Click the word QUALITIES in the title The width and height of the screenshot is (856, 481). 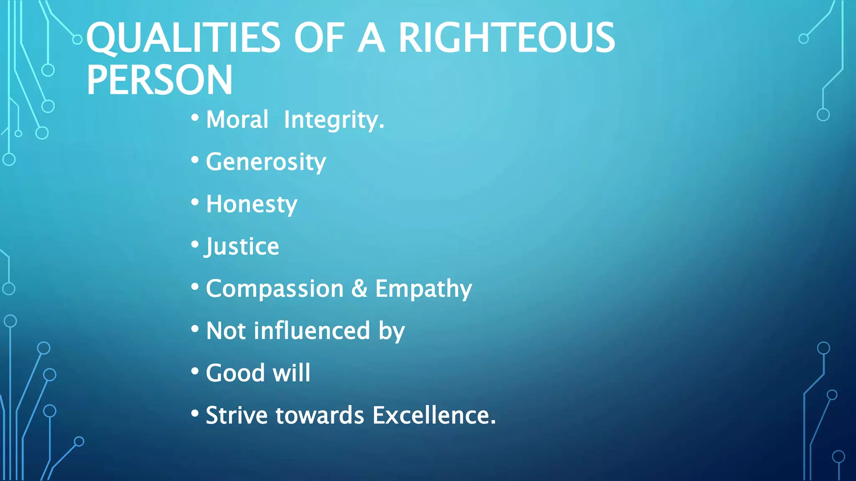pos(183,38)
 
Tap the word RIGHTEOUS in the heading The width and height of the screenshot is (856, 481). pos(506,38)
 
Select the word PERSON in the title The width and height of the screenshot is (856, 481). pos(159,80)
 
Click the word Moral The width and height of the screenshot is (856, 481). pos(237,120)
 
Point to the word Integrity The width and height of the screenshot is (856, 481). pos(334,120)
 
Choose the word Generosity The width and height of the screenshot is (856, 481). pos(266,162)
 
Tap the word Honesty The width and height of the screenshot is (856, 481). pos(252,204)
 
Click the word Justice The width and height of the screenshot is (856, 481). pos(242,246)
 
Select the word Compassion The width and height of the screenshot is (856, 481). pos(275,289)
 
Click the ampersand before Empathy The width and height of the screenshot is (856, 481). pos(359,289)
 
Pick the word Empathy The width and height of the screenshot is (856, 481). pos(423,289)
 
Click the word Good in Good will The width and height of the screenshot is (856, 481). pos(235,373)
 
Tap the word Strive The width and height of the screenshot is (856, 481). pos(237,415)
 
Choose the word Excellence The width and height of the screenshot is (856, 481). pos(434,415)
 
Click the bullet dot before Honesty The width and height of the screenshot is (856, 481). pos(195,202)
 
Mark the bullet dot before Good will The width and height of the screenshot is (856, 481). pos(195,371)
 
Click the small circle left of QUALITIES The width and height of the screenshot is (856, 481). pos(77,40)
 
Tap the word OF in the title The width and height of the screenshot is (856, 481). pos(319,38)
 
